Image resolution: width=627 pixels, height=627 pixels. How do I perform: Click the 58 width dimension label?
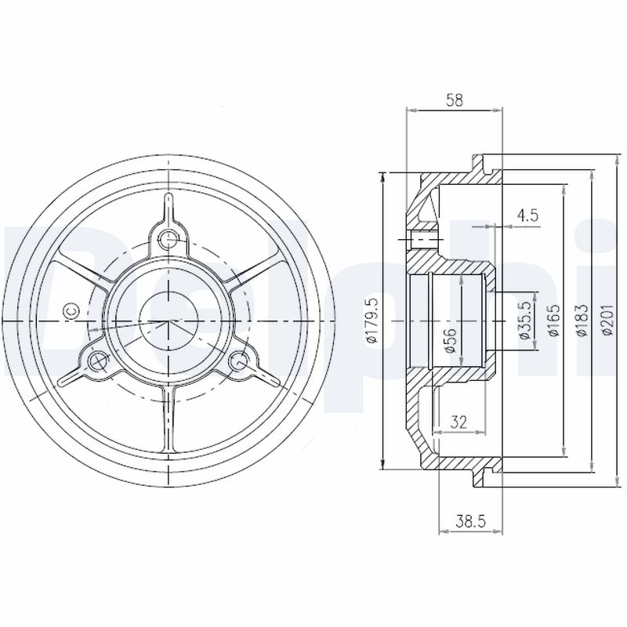click(x=454, y=100)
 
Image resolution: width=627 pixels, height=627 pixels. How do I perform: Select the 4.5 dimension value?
click(x=527, y=216)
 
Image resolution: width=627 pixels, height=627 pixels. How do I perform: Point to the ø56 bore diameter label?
click(x=451, y=339)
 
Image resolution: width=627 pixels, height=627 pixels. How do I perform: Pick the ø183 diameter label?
click(x=580, y=321)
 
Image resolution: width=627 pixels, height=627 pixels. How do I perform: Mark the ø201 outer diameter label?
click(x=607, y=321)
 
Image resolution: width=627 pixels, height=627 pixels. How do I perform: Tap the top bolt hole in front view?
click(x=168, y=237)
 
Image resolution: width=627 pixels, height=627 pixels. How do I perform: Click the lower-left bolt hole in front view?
click(x=98, y=361)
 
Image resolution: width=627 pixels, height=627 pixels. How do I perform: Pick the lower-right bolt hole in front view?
click(x=239, y=361)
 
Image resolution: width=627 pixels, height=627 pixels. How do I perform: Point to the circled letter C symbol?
click(x=69, y=311)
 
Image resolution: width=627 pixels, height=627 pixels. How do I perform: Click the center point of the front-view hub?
click(x=168, y=321)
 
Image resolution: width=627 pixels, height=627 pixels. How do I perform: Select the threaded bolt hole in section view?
click(x=424, y=238)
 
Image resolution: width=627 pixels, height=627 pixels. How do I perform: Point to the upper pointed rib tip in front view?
click(x=168, y=198)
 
